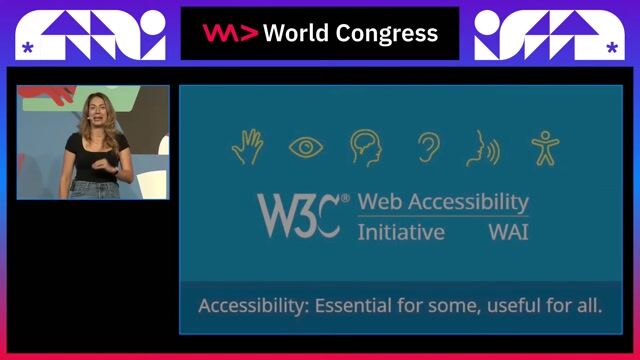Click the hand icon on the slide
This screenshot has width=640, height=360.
pyautogui.click(x=247, y=147)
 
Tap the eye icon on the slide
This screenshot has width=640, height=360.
pyautogui.click(x=306, y=148)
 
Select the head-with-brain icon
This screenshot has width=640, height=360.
pyautogui.click(x=366, y=148)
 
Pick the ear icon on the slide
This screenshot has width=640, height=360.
pyautogui.click(x=428, y=148)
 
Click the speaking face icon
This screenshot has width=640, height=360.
pyautogui.click(x=481, y=148)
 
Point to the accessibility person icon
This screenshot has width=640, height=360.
pyautogui.click(x=544, y=148)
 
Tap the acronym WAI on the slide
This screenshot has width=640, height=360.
pyautogui.click(x=508, y=232)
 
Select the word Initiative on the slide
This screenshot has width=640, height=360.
pyautogui.click(x=401, y=232)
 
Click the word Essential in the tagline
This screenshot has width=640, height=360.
pyautogui.click(x=354, y=305)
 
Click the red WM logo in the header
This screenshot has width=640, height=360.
pyautogui.click(x=230, y=33)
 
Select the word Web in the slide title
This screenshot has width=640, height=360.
pyautogui.click(x=377, y=201)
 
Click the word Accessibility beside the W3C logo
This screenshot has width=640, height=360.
pyautogui.click(x=465, y=201)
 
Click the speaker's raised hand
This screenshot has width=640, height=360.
pyautogui.click(x=104, y=157)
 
